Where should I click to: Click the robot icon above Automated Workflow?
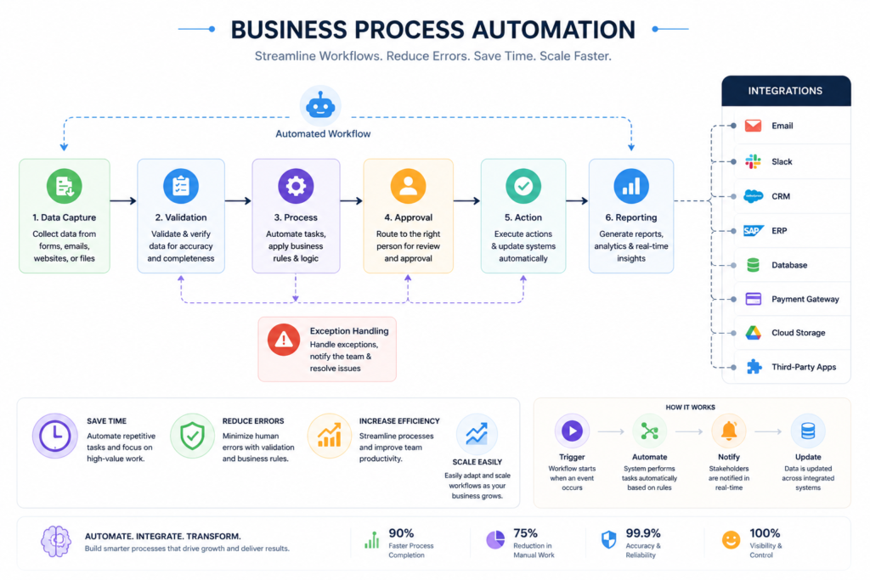320,105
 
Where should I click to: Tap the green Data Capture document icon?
65,186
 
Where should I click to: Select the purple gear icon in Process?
296,186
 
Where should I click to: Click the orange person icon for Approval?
409,186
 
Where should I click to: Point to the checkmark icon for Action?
523,186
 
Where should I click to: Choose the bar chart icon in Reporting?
631,186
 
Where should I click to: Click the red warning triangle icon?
284,340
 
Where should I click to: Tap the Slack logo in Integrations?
753,161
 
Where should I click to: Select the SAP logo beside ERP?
753,231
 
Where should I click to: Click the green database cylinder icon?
753,265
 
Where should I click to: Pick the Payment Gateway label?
805,299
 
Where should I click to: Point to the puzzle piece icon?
754,367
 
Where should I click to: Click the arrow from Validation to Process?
238,200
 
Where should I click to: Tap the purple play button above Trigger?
572,431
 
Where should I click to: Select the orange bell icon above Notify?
728,431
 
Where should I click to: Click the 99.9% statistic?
643,533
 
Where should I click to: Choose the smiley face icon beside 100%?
731,539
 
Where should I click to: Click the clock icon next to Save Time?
54,436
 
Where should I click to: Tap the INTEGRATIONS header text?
785,91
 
